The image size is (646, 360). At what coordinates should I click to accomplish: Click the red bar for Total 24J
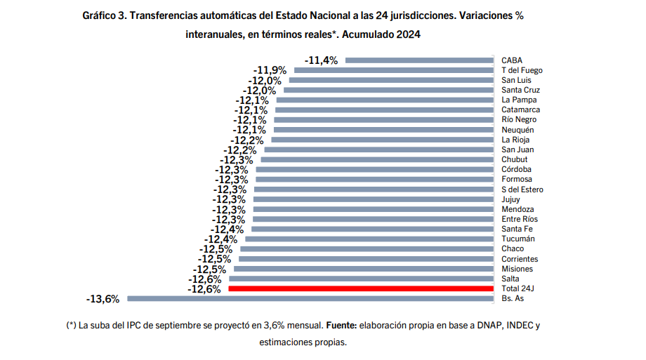coord(361,288)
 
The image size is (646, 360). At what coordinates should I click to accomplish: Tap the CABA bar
coord(419,60)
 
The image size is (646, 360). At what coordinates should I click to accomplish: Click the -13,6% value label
coord(103,298)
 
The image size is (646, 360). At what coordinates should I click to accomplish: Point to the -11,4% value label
coord(321,60)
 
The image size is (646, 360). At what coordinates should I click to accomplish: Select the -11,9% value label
coord(269,70)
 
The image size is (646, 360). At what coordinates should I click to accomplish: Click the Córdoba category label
coord(516,169)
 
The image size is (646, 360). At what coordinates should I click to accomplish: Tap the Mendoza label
coord(518,209)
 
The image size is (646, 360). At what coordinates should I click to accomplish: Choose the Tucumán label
coord(518,239)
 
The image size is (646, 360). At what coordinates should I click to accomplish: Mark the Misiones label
coord(517,269)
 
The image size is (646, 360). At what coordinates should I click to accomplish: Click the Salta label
coord(510,279)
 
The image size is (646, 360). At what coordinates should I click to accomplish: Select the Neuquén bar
coord(383,130)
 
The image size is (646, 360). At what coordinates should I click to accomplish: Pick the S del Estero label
coord(522,189)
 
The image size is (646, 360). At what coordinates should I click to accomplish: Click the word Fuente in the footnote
coord(341,326)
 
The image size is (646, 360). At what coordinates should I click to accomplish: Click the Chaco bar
coord(367,248)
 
